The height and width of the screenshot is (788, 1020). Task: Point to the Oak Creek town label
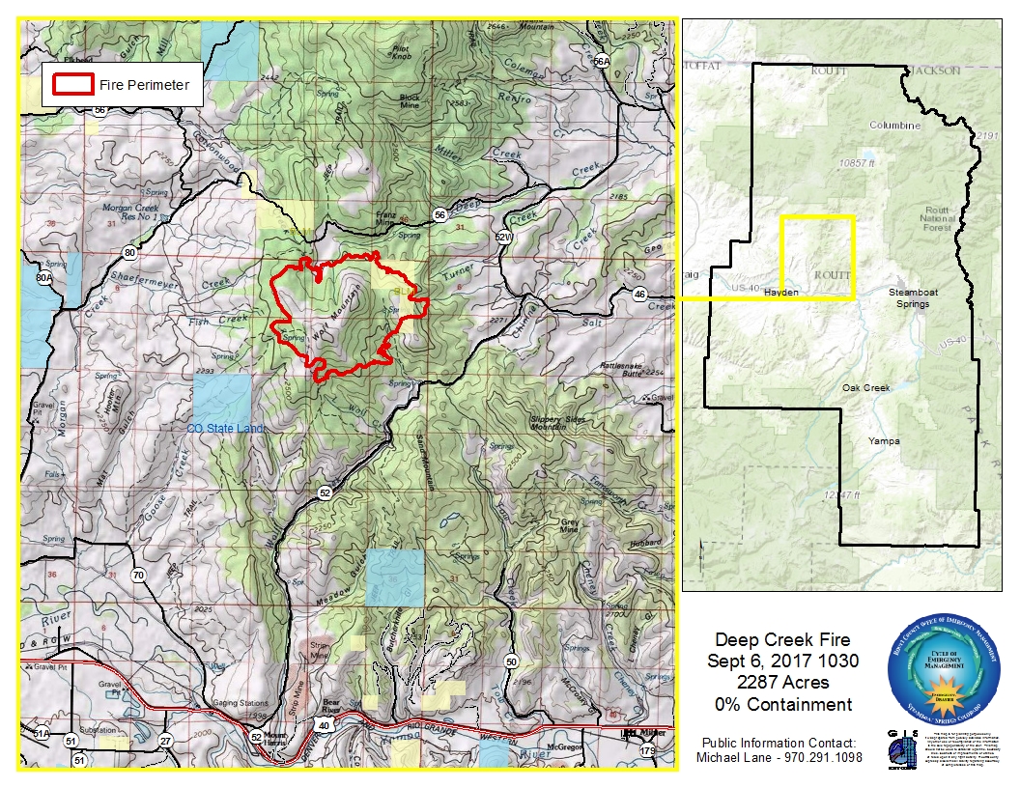pyautogui.click(x=864, y=388)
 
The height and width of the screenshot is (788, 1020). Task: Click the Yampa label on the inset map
pyautogui.click(x=883, y=441)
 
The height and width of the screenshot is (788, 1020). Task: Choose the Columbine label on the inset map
pyautogui.click(x=894, y=126)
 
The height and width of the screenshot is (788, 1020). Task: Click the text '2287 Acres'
pyautogui.click(x=782, y=682)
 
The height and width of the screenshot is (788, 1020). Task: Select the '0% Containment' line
pyautogui.click(x=782, y=704)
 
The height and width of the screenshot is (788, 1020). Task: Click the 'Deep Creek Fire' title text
pyautogui.click(x=782, y=640)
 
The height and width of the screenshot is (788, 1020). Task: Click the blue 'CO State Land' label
pyautogui.click(x=225, y=427)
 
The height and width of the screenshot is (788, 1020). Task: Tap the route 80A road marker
pyautogui.click(x=42, y=278)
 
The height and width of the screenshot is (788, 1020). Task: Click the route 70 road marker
pyautogui.click(x=138, y=576)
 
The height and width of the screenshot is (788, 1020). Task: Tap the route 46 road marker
pyautogui.click(x=639, y=294)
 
